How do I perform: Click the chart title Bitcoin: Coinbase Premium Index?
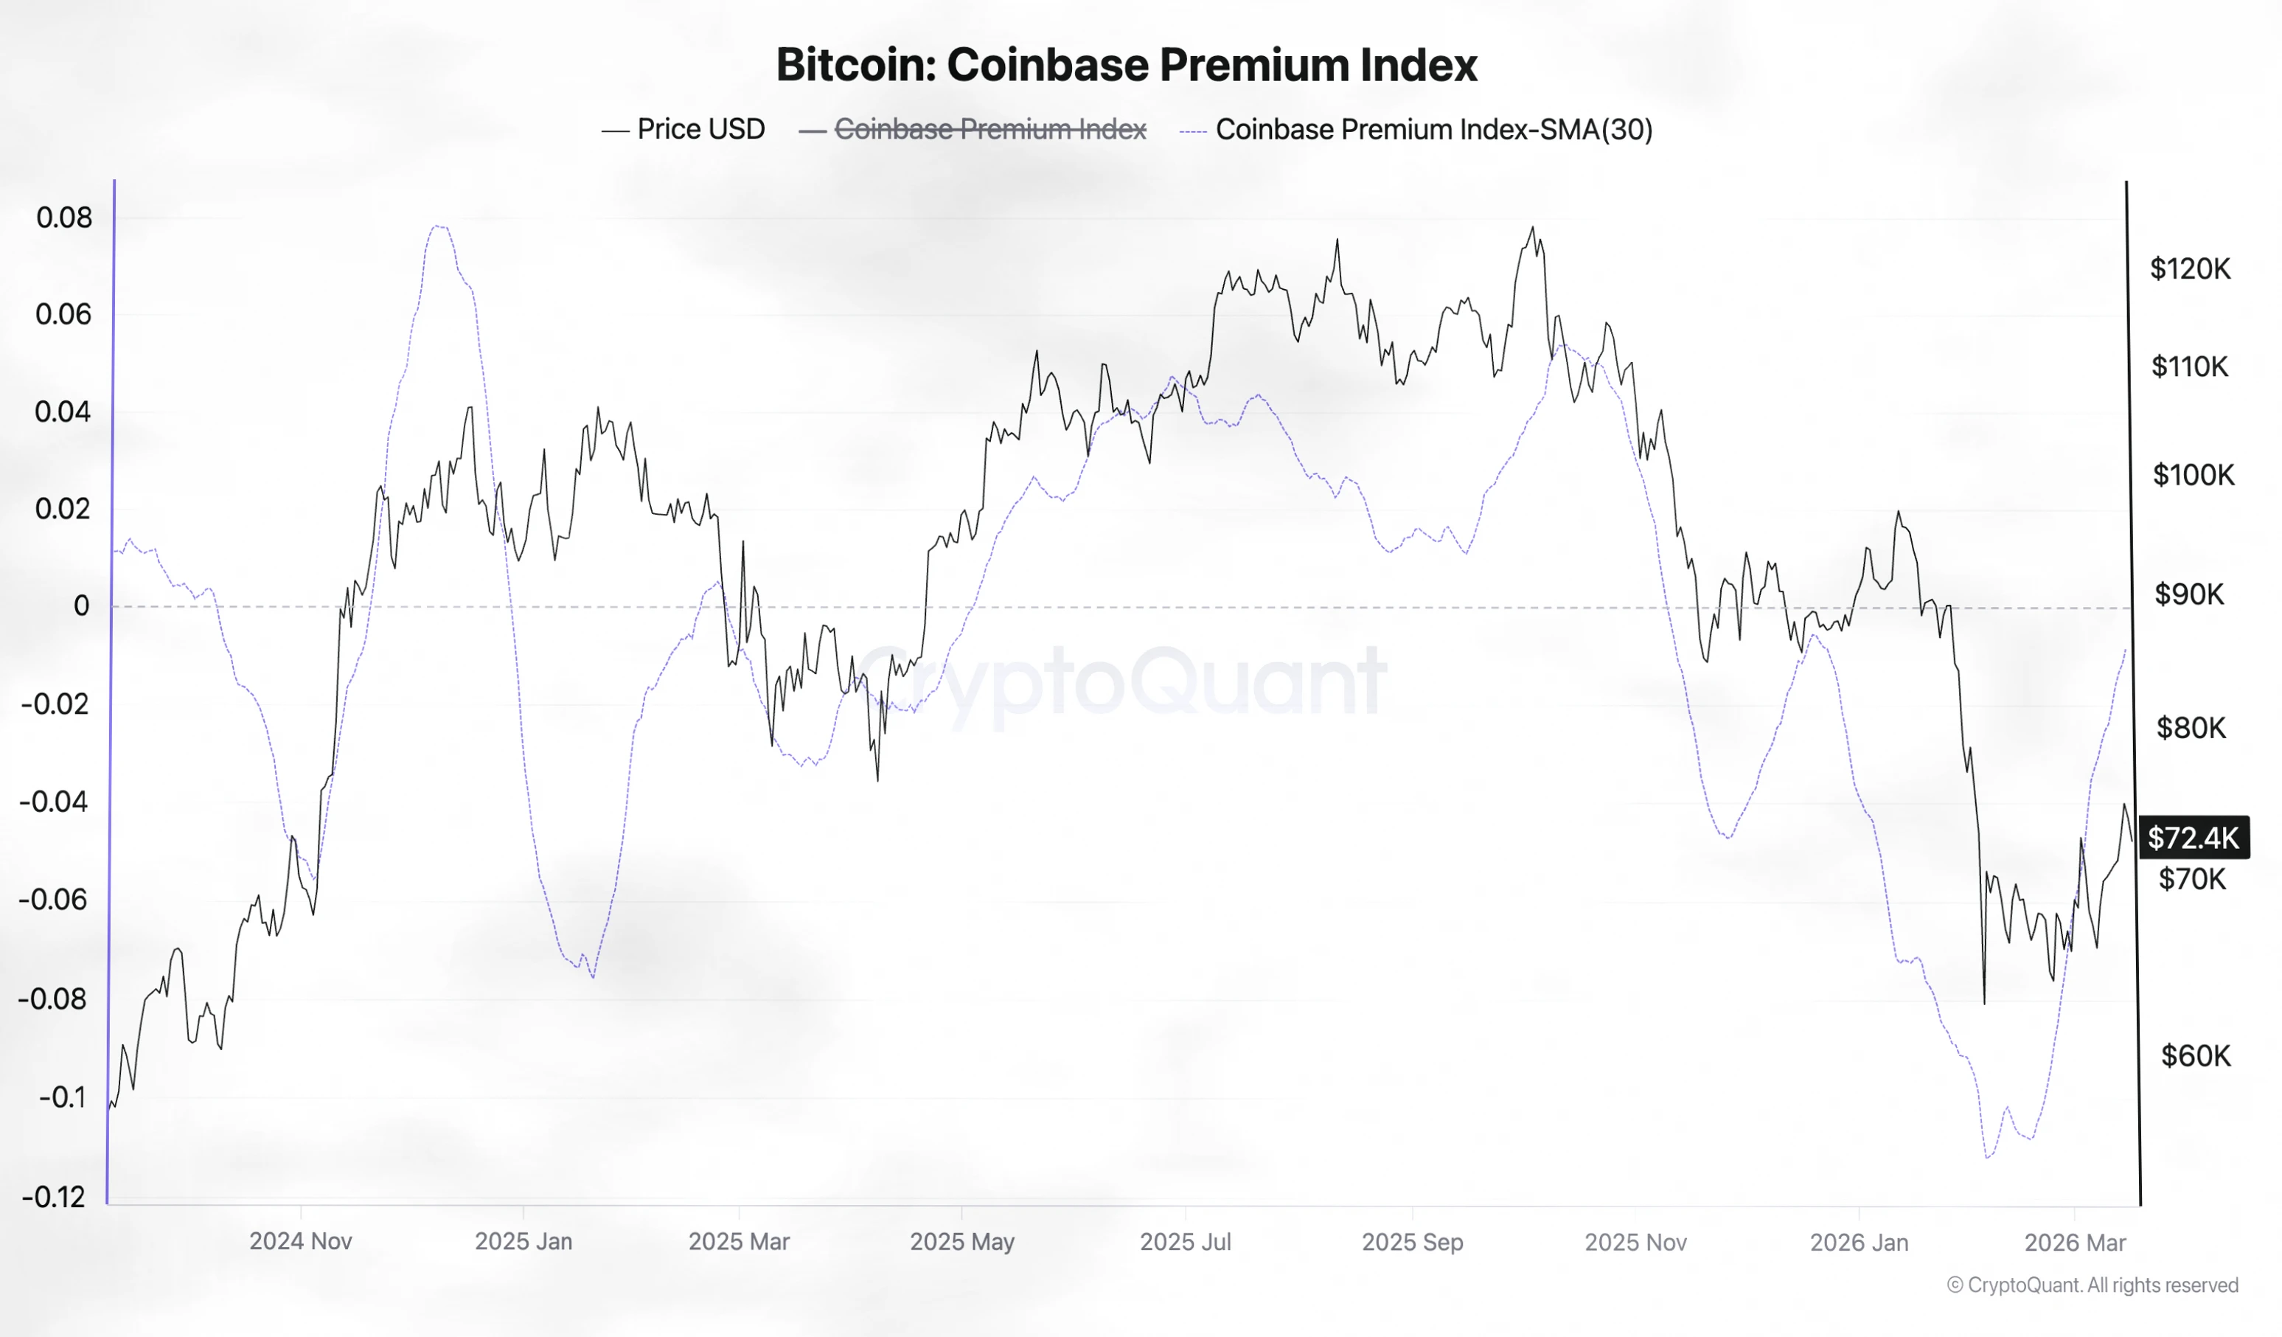point(1126,64)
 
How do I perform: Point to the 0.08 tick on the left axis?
point(64,218)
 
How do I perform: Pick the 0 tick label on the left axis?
point(82,606)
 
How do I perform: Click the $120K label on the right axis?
point(2190,268)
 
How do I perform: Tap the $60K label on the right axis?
point(2195,1055)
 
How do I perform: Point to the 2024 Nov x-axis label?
point(301,1241)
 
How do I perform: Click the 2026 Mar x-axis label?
point(2075,1241)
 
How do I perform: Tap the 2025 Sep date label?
point(1412,1241)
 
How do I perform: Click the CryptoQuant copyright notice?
point(2092,1285)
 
